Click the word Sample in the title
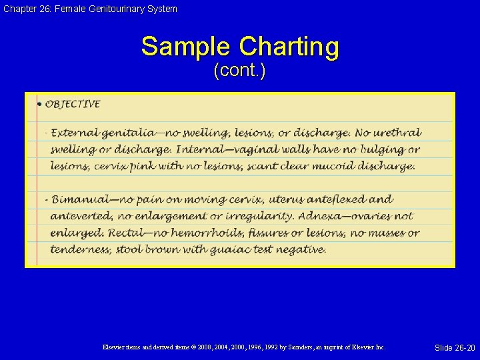point(186,47)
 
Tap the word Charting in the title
point(289,47)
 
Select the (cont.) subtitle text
point(239,71)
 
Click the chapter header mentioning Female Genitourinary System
point(89,9)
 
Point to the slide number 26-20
point(455,348)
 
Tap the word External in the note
point(73,133)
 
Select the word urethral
point(397,133)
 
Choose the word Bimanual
point(79,199)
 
